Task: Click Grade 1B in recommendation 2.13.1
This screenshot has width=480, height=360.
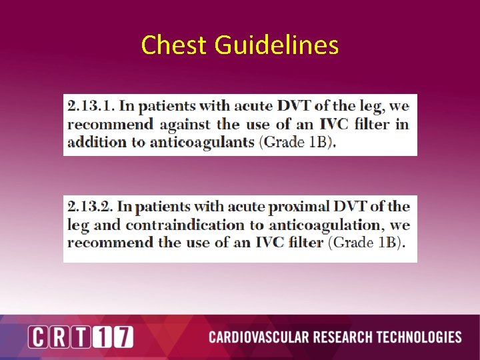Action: [297, 142]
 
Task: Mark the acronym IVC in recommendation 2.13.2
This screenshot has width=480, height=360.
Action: [267, 243]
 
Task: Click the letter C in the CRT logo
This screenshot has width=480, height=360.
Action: [39, 337]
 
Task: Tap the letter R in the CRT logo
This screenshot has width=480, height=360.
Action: [60, 337]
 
